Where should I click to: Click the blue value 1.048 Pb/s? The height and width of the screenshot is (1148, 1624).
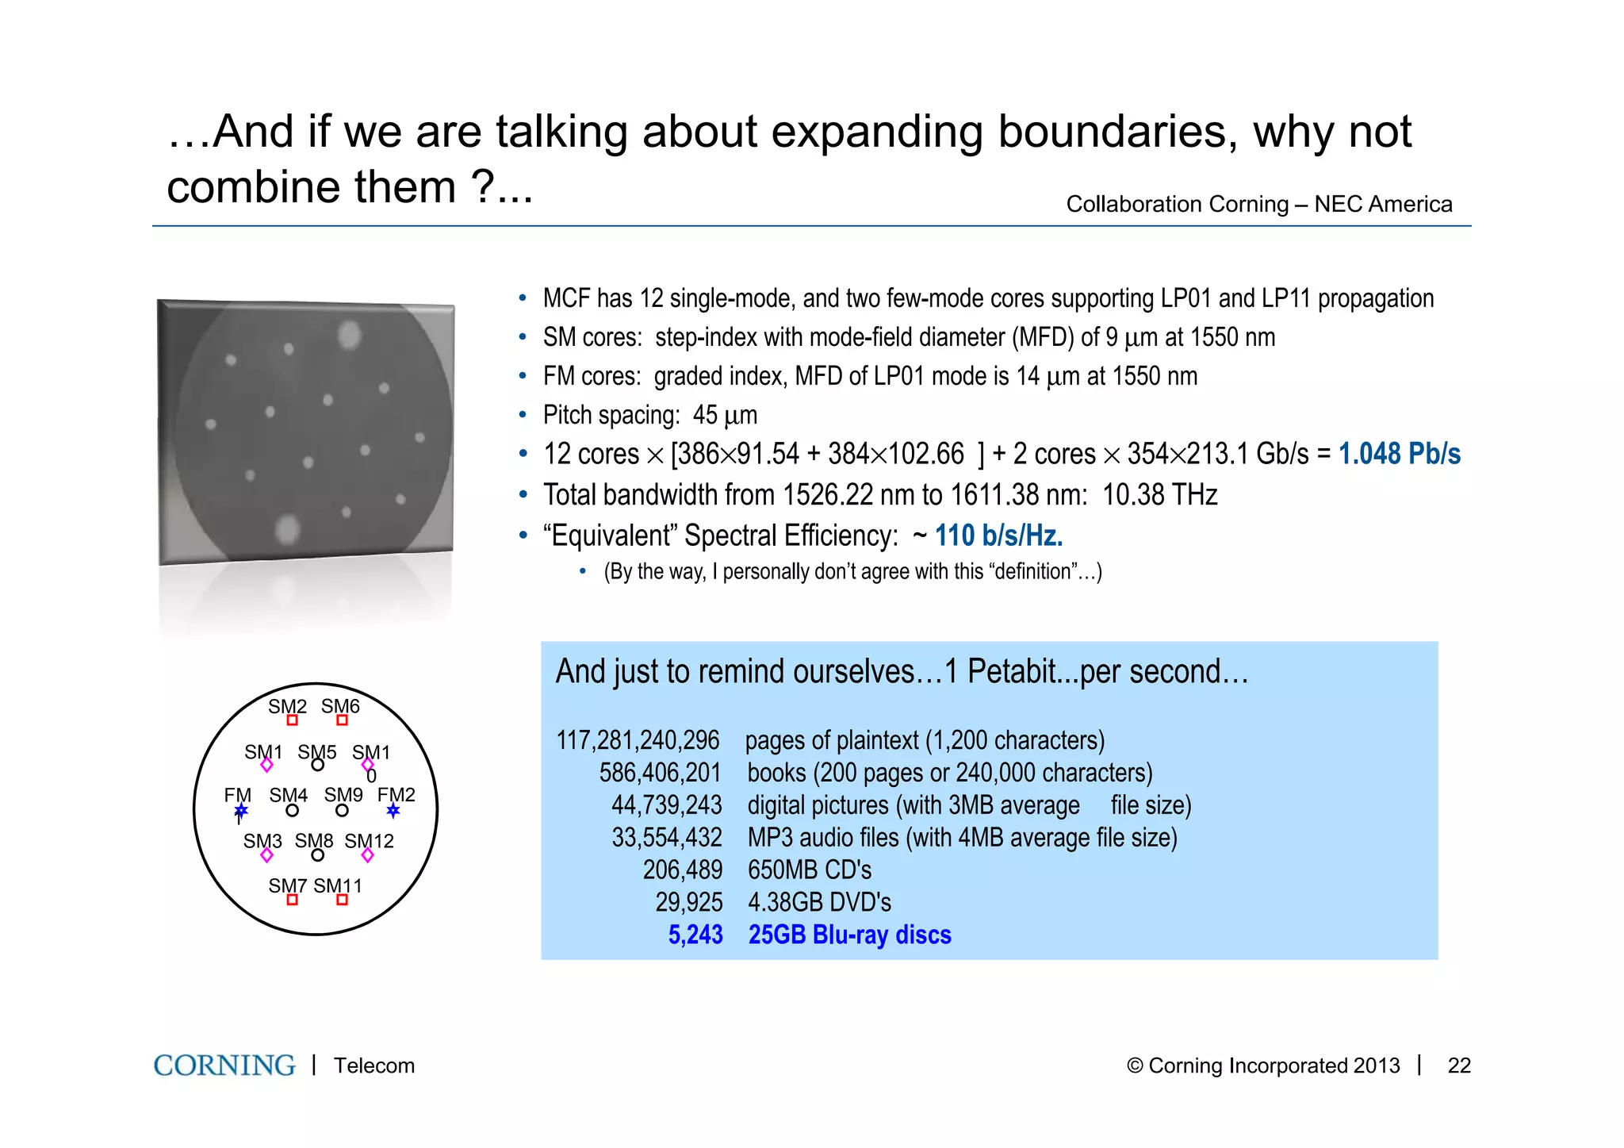1399,454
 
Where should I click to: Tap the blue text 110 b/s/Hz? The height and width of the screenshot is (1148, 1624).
998,536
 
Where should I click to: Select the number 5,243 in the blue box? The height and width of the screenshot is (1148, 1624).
695,935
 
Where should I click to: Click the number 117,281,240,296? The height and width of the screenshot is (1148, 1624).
638,740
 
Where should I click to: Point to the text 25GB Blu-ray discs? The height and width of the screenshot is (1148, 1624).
849,935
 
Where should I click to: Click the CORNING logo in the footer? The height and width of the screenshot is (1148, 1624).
224,1065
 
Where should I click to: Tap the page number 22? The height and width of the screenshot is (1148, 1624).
1459,1065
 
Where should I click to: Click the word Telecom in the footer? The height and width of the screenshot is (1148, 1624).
374,1065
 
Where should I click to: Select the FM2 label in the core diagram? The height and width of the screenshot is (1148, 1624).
396,794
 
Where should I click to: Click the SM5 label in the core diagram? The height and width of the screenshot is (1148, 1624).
317,751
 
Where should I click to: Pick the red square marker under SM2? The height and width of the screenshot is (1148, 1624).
293,720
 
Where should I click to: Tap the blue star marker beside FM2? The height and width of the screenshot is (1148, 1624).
393,811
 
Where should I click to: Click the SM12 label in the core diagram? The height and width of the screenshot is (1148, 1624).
370,841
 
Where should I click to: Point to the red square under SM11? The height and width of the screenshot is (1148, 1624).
342,900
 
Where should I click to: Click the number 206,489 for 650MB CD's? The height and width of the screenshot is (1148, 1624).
682,870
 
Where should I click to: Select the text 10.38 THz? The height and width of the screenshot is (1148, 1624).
1159,495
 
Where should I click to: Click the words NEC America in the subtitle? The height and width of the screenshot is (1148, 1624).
1383,204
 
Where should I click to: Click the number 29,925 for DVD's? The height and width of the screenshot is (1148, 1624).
688,902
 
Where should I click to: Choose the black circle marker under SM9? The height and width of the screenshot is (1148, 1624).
342,811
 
